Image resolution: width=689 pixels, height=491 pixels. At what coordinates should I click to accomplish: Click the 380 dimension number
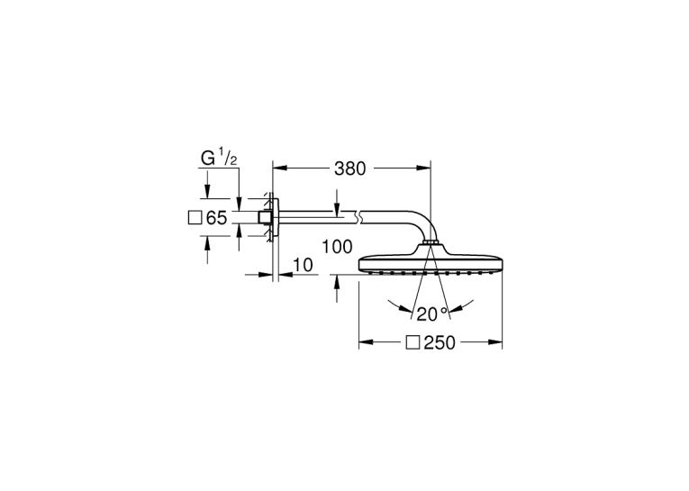[x=349, y=168]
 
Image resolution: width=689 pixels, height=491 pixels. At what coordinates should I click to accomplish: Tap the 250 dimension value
[x=440, y=343]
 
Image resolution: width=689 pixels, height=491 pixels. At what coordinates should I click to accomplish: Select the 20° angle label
[x=432, y=314]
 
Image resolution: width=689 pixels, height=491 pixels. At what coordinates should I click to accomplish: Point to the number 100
[x=337, y=247]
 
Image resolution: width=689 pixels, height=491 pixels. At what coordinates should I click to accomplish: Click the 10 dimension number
[x=304, y=265]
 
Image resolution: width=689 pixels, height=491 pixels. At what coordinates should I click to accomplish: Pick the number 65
[x=217, y=218]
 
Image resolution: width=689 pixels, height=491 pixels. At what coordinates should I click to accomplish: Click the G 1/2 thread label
[x=219, y=159]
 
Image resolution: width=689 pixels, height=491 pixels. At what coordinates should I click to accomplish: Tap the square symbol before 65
[x=195, y=218]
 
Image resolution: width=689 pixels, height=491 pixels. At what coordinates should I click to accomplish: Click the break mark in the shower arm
[x=358, y=216]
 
